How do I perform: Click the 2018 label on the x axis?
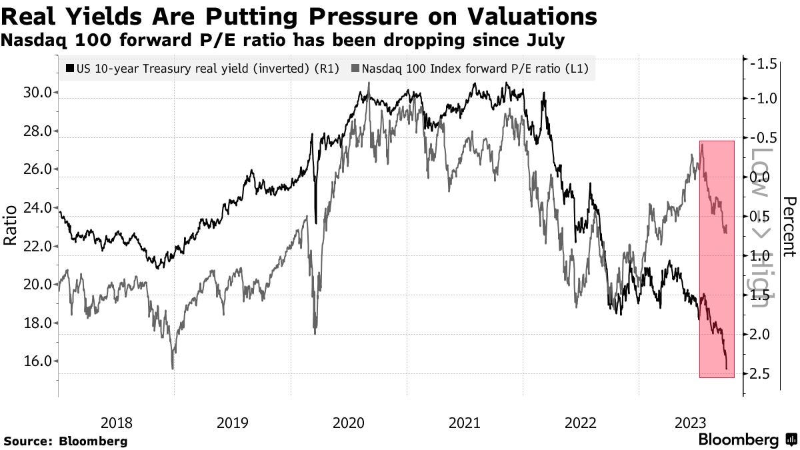tap(117, 422)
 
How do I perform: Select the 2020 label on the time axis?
tap(348, 422)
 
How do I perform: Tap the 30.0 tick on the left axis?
tap(38, 93)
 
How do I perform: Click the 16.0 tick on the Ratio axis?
tap(38, 361)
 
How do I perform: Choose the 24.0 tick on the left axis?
tap(38, 208)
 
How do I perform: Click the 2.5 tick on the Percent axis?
tap(761, 373)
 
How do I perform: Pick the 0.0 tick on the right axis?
tap(761, 177)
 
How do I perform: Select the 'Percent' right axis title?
tap(789, 227)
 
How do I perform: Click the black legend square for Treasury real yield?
tap(70, 68)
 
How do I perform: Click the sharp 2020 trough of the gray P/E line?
tap(315, 332)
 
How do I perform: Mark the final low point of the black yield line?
tap(726, 368)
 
